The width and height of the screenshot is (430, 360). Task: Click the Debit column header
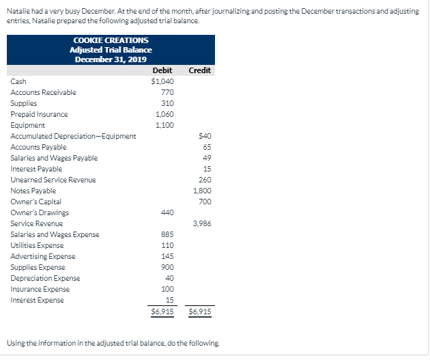pyautogui.click(x=162, y=70)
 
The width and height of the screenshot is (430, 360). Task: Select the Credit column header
pyautogui.click(x=199, y=70)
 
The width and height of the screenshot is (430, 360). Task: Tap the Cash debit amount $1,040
pyautogui.click(x=162, y=81)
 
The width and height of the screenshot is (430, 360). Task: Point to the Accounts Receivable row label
pyautogui.click(x=43, y=92)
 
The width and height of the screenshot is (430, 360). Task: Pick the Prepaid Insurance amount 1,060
pyautogui.click(x=164, y=114)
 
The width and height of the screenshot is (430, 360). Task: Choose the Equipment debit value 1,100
pyautogui.click(x=164, y=125)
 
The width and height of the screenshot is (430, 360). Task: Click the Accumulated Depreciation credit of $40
pyautogui.click(x=205, y=136)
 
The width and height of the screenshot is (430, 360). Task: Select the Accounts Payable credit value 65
pyautogui.click(x=206, y=147)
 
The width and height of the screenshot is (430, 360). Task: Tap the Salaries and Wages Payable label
pyautogui.click(x=54, y=158)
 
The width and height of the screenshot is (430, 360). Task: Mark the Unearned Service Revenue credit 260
pyautogui.click(x=204, y=180)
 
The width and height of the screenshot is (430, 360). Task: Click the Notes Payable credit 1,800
pyautogui.click(x=202, y=191)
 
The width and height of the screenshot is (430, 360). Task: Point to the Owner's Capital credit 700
pyautogui.click(x=204, y=202)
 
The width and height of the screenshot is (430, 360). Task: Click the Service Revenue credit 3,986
pyautogui.click(x=202, y=223)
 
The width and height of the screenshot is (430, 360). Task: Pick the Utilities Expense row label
pyautogui.click(x=37, y=245)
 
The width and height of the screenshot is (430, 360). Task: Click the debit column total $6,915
pyautogui.click(x=162, y=311)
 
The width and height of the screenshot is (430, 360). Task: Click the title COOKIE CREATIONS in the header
pyautogui.click(x=111, y=40)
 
